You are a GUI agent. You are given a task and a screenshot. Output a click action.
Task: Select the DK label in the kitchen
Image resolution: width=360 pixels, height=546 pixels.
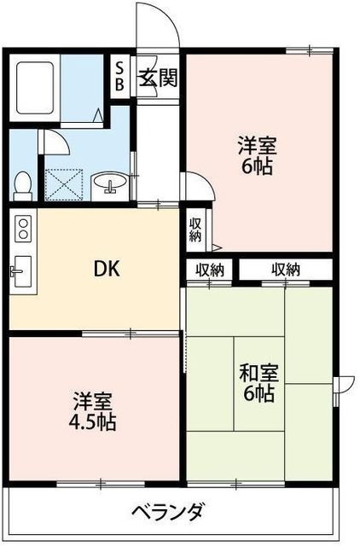(107, 269)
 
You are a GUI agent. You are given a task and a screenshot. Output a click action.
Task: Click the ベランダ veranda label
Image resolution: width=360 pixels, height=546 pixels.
(167, 513)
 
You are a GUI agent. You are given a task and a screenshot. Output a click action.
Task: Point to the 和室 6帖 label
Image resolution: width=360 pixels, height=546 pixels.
(257, 384)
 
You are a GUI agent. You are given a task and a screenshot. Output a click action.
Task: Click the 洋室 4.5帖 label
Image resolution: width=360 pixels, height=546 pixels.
(94, 410)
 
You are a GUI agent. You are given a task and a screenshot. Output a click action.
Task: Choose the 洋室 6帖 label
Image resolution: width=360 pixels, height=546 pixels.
(256, 154)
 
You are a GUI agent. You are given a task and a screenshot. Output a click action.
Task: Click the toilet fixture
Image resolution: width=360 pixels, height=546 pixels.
(23, 183)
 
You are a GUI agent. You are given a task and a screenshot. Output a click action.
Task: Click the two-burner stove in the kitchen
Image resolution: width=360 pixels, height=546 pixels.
(22, 228)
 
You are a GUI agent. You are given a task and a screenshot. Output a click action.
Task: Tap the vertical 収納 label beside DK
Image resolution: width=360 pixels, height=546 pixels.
(195, 229)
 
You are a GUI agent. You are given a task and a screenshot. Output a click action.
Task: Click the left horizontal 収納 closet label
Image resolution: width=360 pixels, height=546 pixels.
(210, 270)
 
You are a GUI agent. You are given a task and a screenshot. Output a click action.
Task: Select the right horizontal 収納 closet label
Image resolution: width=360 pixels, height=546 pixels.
(286, 270)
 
